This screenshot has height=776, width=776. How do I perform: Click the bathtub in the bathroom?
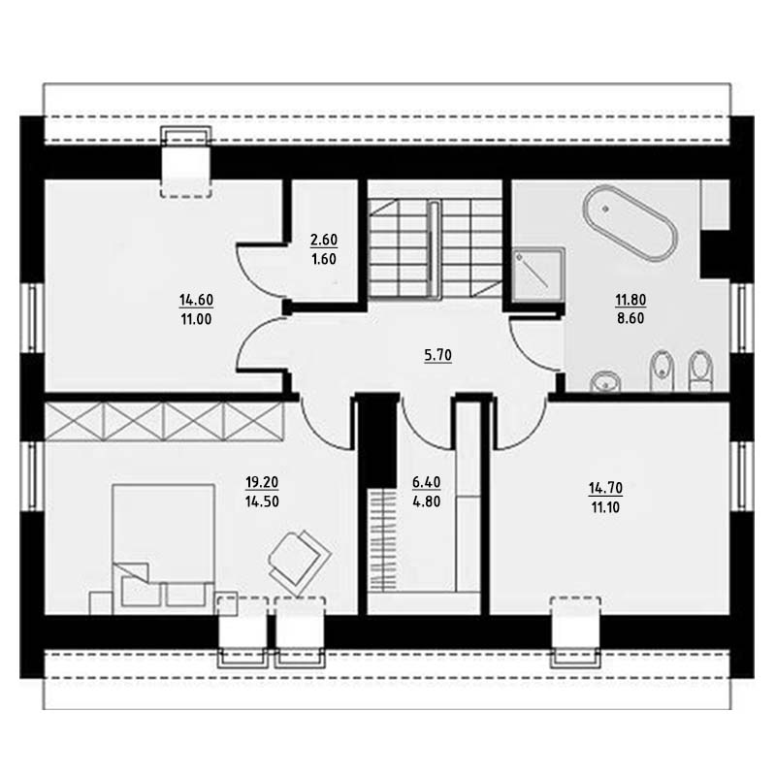[x=630, y=223]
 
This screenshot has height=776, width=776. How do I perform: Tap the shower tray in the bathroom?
[x=538, y=275]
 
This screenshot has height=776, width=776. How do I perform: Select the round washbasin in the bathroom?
[x=605, y=381]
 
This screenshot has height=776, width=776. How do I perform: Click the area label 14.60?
[x=197, y=300]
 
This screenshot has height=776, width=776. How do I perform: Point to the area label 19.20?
[x=262, y=482]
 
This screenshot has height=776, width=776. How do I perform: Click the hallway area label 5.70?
[x=438, y=355]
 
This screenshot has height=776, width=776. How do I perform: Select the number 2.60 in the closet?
[x=324, y=240]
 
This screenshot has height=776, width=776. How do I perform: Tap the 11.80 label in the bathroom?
[x=630, y=300]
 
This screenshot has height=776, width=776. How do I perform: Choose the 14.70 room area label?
[x=605, y=488]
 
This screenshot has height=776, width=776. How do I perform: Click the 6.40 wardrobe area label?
[x=426, y=482]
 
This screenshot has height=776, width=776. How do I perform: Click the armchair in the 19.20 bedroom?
[x=299, y=563]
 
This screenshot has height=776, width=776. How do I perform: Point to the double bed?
[x=163, y=549]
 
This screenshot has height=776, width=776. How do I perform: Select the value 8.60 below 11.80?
[x=630, y=318]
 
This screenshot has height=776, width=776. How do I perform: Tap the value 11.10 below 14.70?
[x=605, y=507]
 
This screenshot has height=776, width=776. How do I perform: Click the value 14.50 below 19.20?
[x=262, y=501]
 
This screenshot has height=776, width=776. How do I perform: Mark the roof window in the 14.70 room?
[x=576, y=632]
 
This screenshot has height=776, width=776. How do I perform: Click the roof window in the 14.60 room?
[x=186, y=162]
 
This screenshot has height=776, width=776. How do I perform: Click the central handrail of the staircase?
[x=434, y=249]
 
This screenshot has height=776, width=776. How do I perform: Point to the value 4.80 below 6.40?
[x=426, y=501]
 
